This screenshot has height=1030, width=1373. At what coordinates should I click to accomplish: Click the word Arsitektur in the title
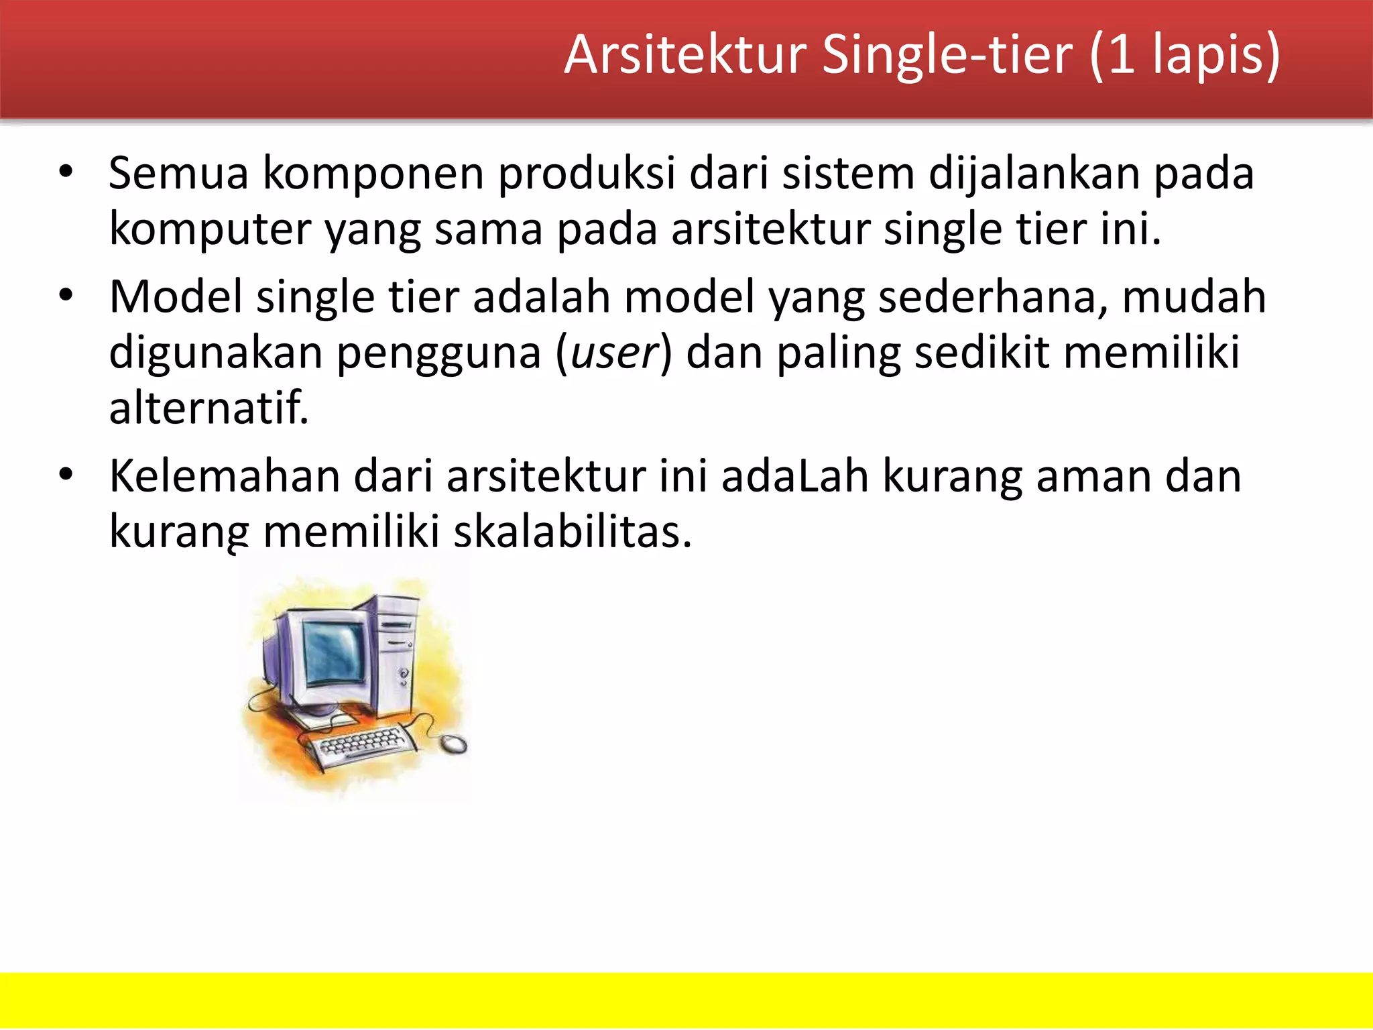pyautogui.click(x=685, y=55)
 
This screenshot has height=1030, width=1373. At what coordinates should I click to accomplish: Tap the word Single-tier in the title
pyautogui.click(x=947, y=56)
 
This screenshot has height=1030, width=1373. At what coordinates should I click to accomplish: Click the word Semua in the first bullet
pyautogui.click(x=178, y=174)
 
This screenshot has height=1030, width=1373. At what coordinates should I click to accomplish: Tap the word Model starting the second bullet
pyautogui.click(x=176, y=296)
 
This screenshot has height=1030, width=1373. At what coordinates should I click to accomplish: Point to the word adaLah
pyautogui.click(x=795, y=477)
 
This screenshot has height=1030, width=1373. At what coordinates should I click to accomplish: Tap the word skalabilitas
pyautogui.click(x=572, y=532)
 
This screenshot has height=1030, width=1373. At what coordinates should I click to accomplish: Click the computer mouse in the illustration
pyautogui.click(x=454, y=743)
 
